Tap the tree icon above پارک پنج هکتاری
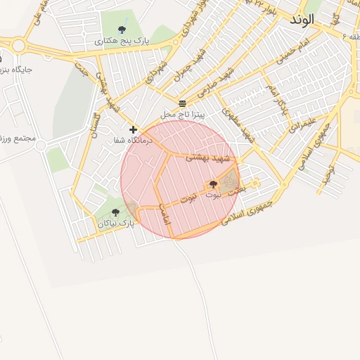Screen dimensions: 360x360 coord(122,30)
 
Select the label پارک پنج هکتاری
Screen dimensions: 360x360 coord(122,41)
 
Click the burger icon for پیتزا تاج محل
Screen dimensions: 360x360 coord(182,103)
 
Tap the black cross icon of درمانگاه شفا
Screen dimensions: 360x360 coord(134,129)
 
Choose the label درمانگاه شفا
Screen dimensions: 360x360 coord(129,141)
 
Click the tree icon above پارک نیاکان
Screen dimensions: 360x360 coord(115,212)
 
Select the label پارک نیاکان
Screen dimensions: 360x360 coord(115,224)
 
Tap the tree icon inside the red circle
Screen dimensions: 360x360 coord(213,184)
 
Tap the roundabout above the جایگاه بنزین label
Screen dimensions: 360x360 coord(18,46)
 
